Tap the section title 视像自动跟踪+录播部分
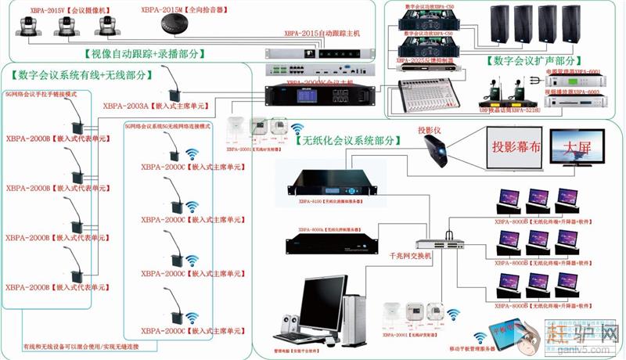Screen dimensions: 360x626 click(x=145, y=54)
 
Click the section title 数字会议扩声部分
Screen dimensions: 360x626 click(x=535, y=60)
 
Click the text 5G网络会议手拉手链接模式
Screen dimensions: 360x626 click(x=40, y=93)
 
